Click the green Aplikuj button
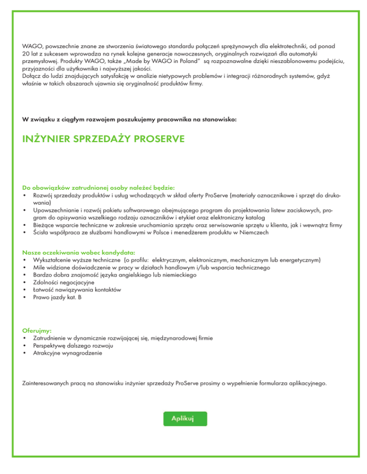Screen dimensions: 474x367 click(x=185, y=418)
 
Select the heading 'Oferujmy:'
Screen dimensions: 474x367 click(x=37, y=330)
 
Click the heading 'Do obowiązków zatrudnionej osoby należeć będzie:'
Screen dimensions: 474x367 click(x=99, y=187)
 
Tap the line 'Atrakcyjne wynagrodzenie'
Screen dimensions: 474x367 click(x=67, y=353)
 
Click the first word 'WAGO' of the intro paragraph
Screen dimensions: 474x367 click(x=32, y=47)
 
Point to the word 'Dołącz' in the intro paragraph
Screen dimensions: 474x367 click(x=32, y=76)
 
